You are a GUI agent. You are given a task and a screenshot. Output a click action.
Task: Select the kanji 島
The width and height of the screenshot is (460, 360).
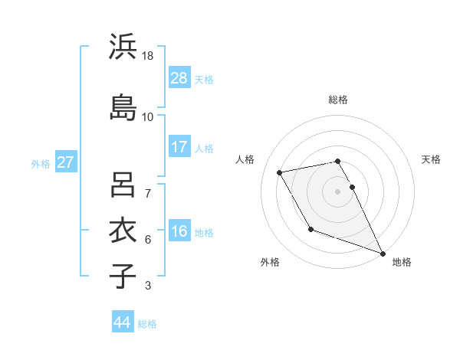click(123, 106)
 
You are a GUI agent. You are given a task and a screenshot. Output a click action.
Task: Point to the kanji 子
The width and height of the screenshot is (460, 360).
click(123, 276)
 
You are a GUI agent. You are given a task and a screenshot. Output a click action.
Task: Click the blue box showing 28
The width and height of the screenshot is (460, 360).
click(179, 78)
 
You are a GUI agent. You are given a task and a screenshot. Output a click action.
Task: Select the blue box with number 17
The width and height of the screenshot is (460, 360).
click(179, 147)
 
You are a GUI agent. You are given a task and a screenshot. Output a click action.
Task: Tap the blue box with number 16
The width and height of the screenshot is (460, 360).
click(179, 232)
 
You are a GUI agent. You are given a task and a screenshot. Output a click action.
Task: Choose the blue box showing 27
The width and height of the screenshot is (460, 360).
click(66, 162)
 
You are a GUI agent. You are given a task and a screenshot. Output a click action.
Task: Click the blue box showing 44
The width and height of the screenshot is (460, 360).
click(123, 322)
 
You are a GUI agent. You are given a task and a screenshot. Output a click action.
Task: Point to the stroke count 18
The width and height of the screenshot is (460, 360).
click(149, 57)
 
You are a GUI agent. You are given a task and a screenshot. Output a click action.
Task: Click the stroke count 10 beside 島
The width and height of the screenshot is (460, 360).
click(148, 117)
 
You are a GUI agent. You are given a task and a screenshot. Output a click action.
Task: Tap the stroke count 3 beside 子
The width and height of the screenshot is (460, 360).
click(148, 286)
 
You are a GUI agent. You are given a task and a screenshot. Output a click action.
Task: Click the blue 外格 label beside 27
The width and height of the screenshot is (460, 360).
click(41, 163)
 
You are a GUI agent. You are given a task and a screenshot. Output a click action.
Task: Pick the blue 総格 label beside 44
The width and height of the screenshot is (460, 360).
click(147, 324)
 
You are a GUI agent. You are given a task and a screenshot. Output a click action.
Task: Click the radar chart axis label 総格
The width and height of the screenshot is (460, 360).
click(338, 100)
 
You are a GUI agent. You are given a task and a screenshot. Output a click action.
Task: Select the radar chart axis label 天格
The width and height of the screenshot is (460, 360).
click(431, 159)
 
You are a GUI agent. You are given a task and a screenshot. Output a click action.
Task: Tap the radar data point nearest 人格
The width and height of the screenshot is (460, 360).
click(280, 172)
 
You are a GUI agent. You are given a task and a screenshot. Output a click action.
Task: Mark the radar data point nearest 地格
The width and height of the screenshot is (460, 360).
click(383, 254)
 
